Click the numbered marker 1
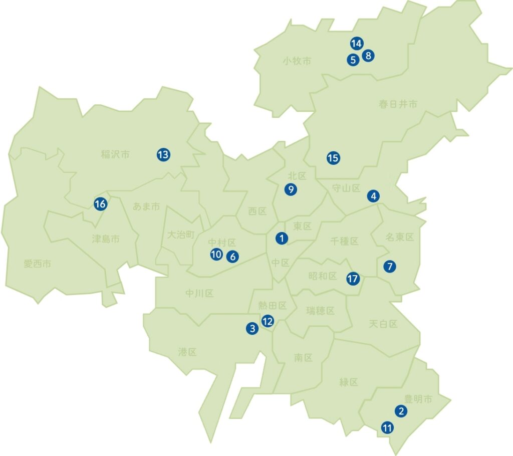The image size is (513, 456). (x=282, y=239)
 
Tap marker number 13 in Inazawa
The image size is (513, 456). (x=163, y=155)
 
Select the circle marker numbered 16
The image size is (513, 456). (x=101, y=204)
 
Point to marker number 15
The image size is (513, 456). (x=333, y=158)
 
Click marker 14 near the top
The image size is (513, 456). (x=356, y=44)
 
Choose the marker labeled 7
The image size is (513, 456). (x=390, y=267)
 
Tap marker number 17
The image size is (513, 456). (x=353, y=279)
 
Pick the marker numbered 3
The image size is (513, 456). (x=252, y=329)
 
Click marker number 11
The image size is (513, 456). (x=387, y=428)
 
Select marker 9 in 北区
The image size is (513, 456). (x=291, y=189)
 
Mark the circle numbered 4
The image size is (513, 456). (x=374, y=196)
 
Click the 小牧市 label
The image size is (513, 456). (x=297, y=61)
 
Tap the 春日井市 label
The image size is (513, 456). (x=398, y=104)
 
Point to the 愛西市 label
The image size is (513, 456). (x=37, y=263)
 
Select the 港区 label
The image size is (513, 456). (x=187, y=352)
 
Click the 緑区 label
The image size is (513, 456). (x=349, y=382)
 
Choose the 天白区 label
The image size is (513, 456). (x=383, y=324)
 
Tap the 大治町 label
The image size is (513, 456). (x=180, y=234)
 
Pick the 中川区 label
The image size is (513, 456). (x=199, y=293)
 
